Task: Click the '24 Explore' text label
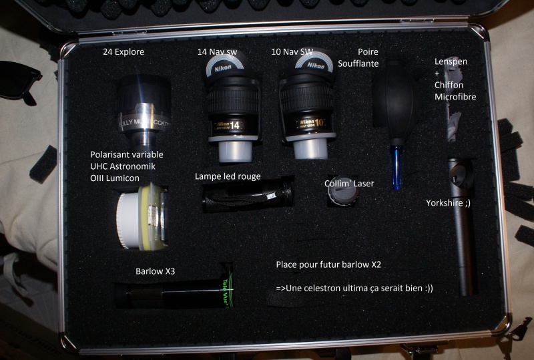click(x=123, y=51)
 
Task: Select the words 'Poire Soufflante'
click(x=377, y=57)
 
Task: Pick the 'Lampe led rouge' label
click(x=228, y=176)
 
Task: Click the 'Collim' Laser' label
click(x=349, y=183)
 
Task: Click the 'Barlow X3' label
click(x=155, y=271)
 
